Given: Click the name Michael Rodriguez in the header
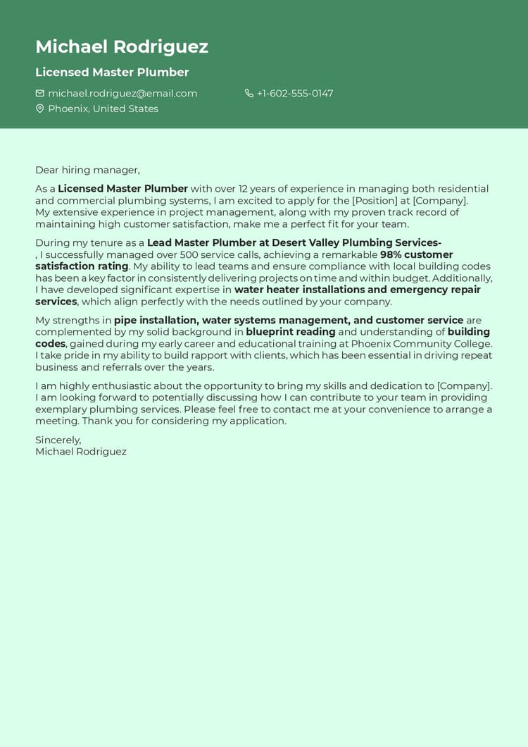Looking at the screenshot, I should [x=122, y=47].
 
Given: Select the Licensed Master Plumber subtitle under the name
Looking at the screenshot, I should [x=112, y=72].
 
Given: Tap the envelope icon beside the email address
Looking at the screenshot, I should [x=40, y=93].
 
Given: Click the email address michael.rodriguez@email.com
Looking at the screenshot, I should [x=122, y=93].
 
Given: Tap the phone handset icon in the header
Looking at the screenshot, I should [x=249, y=93].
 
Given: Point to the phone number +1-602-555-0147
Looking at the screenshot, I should [x=295, y=93].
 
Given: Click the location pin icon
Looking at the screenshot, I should [x=40, y=109].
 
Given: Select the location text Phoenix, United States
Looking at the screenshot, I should [x=103, y=109].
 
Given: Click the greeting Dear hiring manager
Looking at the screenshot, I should [x=87, y=170].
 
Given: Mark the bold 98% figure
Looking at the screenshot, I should [x=391, y=254].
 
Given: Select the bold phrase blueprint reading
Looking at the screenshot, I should [x=291, y=332].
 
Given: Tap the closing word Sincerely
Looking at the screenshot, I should [x=58, y=440].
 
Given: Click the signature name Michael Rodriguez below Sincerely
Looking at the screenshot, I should [x=81, y=452].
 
